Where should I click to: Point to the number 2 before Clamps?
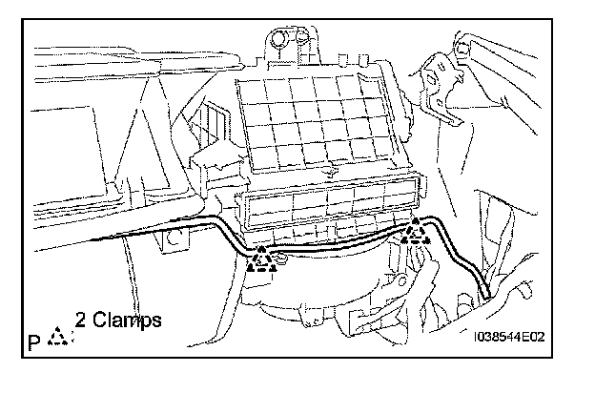(x=81, y=321)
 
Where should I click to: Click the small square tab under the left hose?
(x=171, y=250)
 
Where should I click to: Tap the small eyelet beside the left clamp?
(x=284, y=259)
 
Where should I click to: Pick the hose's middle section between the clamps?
(x=334, y=243)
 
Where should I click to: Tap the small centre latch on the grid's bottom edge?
(x=327, y=173)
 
